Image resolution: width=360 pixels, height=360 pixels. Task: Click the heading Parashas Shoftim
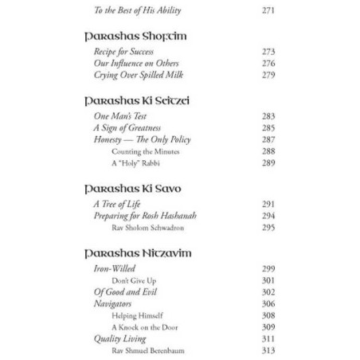click(x=135, y=36)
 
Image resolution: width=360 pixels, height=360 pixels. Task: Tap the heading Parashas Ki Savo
click(x=132, y=189)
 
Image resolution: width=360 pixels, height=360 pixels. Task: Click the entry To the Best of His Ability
click(x=137, y=10)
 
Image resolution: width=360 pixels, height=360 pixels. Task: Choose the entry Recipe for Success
click(x=123, y=52)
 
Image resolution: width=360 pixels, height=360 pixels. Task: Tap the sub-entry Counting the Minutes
click(x=145, y=151)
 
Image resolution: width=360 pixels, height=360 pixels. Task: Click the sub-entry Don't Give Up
click(x=134, y=280)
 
